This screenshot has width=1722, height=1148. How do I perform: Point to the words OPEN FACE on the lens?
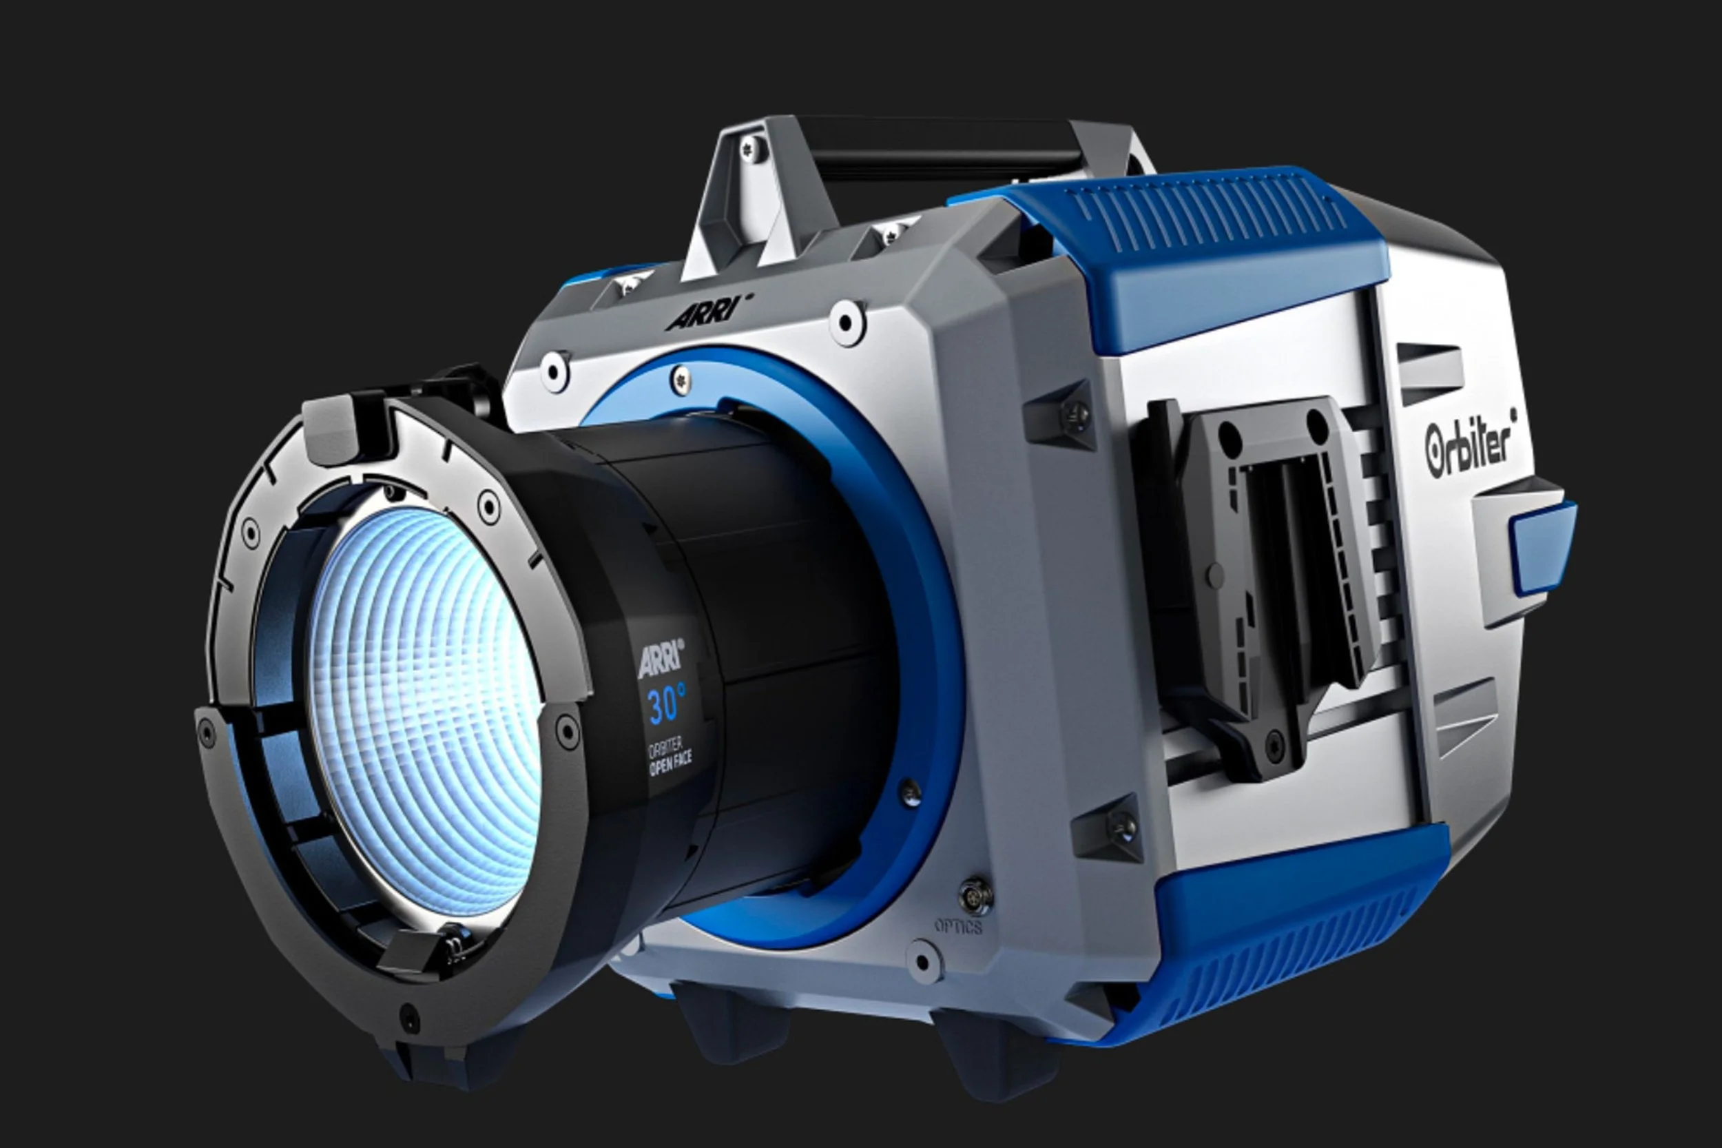pos(670,763)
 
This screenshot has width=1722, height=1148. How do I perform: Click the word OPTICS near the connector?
pos(958,927)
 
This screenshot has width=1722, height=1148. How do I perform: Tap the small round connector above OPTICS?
pos(975,894)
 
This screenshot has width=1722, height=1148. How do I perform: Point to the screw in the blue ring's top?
pos(681,378)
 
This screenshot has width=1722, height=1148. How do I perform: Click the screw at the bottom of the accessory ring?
pos(408,1018)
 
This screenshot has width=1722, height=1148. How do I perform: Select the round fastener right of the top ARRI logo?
pos(847,322)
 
